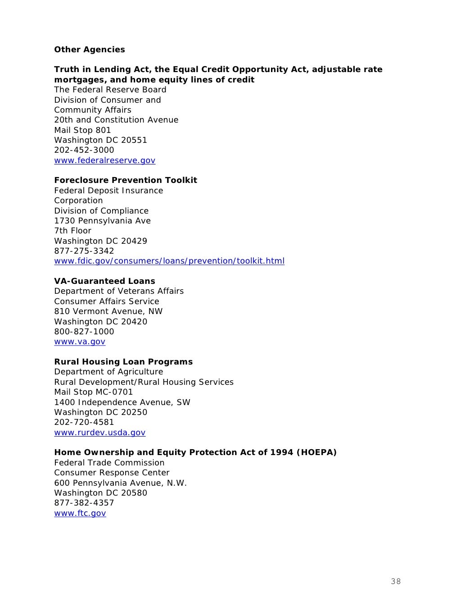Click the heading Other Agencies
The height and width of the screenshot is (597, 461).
coord(90,50)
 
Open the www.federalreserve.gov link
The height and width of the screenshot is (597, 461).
coord(104,160)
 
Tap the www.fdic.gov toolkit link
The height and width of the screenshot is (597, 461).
coord(169,261)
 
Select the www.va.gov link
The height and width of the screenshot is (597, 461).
coord(80,342)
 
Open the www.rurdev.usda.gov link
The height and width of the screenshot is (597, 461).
coord(99,433)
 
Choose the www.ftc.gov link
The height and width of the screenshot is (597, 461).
coord(80,513)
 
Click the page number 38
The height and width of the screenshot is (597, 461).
coord(396,581)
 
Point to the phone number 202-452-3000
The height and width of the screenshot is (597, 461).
coord(84,150)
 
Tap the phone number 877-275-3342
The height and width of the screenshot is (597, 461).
coord(84,251)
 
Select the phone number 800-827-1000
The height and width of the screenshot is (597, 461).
coord(84,332)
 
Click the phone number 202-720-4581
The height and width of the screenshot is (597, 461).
coord(84,422)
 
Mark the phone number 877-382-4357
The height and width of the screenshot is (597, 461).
coord(84,503)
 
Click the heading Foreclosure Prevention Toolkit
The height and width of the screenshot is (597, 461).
coord(126,180)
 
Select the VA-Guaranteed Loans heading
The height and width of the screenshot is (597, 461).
coord(104,281)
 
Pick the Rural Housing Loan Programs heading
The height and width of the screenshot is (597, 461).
coord(123,362)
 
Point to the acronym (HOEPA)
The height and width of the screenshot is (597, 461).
coord(316,452)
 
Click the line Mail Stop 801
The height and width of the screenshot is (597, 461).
coord(82,130)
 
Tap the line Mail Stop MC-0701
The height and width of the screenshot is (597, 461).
coord(94,392)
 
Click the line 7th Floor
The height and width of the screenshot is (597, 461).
coord(72,231)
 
